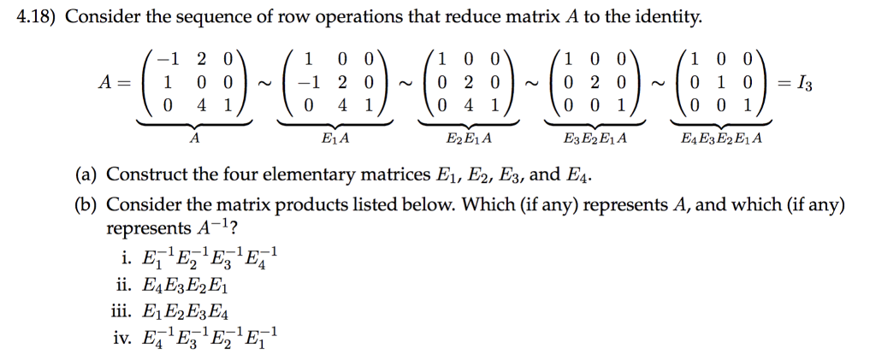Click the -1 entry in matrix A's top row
point(172,60)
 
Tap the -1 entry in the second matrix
point(305,84)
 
